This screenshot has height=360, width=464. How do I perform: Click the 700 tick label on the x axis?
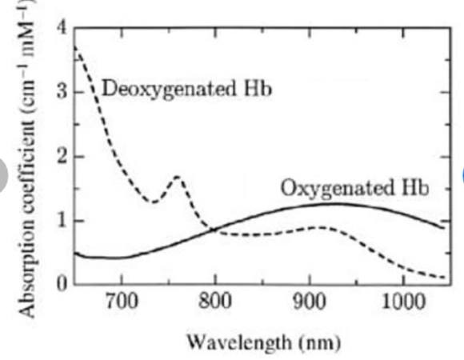[x=122, y=302]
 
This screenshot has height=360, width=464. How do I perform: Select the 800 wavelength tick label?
[x=215, y=302]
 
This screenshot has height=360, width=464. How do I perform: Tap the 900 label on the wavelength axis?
[x=310, y=302]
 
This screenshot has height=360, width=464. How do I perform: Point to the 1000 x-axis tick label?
[x=403, y=302]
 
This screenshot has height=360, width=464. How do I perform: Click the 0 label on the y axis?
[x=62, y=284]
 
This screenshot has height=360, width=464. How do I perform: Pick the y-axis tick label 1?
[x=62, y=221]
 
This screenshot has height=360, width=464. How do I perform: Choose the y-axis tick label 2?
[x=62, y=157]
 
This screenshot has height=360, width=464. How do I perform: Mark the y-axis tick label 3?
[x=62, y=92]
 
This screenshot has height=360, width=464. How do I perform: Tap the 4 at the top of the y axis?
[x=62, y=27]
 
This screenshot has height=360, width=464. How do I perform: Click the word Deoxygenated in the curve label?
[x=170, y=89]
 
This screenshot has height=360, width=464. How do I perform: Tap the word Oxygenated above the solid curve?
[x=338, y=187]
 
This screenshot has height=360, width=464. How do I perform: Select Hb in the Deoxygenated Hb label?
[x=257, y=88]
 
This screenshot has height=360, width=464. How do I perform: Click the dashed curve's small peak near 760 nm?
[x=178, y=177]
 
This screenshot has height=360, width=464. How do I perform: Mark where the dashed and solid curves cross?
[x=214, y=230]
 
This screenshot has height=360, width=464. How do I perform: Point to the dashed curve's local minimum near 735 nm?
[x=154, y=202]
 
